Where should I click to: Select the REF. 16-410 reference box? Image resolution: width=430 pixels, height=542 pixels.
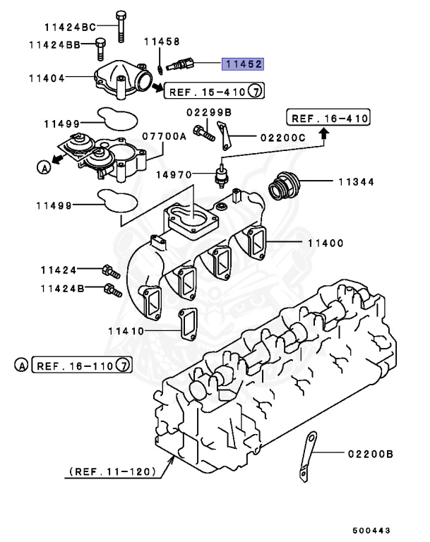[x=328, y=118]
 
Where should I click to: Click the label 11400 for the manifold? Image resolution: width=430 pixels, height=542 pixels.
[x=325, y=243]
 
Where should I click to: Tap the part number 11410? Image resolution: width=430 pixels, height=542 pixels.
[x=126, y=330]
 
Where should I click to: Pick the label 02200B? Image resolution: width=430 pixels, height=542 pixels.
[x=369, y=454]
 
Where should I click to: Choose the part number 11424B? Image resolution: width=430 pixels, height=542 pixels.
[x=62, y=288]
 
